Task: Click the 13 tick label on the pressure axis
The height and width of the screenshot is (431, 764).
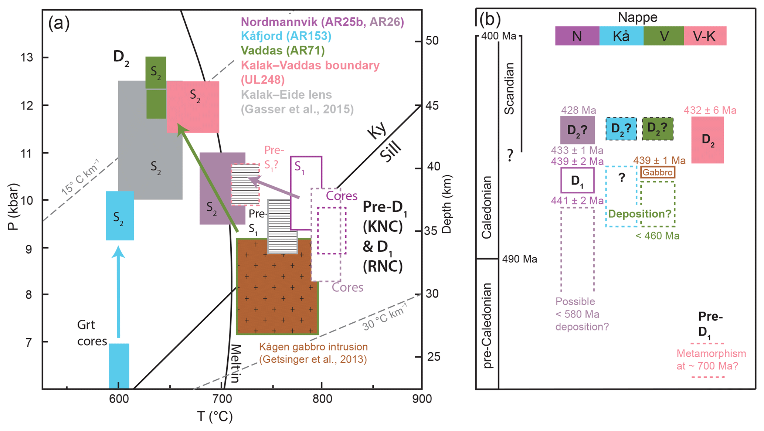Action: pyautogui.click(x=27, y=58)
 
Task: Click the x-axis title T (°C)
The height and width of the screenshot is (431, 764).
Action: pyautogui.click(x=215, y=417)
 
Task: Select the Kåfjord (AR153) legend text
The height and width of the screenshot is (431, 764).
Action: pyautogui.click(x=286, y=36)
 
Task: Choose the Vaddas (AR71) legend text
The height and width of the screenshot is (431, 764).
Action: pyautogui.click(x=283, y=50)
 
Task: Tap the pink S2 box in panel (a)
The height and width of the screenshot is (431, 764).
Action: pyautogui.click(x=193, y=107)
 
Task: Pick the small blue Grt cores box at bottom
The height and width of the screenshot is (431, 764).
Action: pyautogui.click(x=119, y=366)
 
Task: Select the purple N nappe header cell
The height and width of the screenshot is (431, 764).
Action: pyautogui.click(x=577, y=36)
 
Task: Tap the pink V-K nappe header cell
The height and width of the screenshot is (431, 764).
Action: pyautogui.click(x=704, y=36)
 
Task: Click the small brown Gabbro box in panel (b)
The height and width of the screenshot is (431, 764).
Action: pyautogui.click(x=658, y=172)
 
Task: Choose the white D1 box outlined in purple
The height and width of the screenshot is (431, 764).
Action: pyautogui.click(x=577, y=180)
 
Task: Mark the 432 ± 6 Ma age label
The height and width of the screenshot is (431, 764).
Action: pyautogui.click(x=710, y=110)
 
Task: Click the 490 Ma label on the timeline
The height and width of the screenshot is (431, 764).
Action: pyautogui.click(x=519, y=259)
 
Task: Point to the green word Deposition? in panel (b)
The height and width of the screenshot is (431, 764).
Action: pyautogui.click(x=639, y=214)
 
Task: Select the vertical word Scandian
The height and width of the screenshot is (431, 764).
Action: pyautogui.click(x=509, y=89)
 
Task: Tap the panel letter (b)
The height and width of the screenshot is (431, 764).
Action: pyautogui.click(x=490, y=19)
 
